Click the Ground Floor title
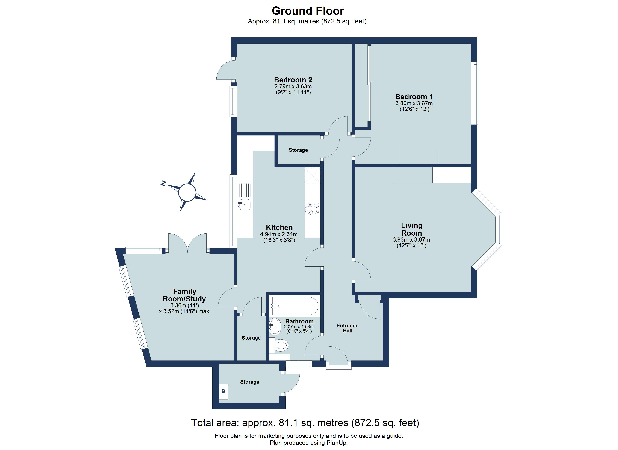point(308,11)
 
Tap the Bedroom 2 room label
point(293,80)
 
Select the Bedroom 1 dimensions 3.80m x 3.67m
point(414,103)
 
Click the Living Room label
point(411,229)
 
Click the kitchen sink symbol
point(245,204)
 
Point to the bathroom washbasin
point(275,326)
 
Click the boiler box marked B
point(223,391)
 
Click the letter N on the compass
point(163,183)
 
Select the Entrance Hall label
point(347,328)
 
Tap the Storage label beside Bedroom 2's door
point(298,150)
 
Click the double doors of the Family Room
point(187,243)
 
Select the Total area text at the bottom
point(305,423)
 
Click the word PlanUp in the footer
point(337,443)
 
